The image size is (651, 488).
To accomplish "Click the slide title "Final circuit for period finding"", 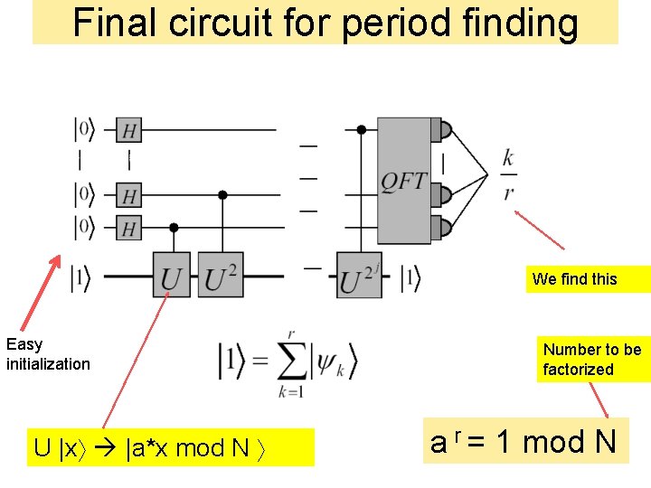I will pos(325,23).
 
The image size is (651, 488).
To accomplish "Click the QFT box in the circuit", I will pos(403,181).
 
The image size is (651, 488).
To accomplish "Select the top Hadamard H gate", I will pos(129,131).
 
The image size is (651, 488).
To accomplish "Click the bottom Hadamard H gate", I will pos(129,227).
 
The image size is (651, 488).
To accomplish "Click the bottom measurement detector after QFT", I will pos(443,226).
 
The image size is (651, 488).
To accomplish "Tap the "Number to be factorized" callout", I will pos(592,359).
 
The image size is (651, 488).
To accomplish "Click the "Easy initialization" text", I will pos(48,354).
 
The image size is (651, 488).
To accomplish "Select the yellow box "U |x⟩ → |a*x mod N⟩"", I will pos(170,447).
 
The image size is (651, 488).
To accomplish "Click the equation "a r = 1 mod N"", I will pos(524,443).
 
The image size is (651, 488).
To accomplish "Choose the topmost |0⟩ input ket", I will pos(84,130).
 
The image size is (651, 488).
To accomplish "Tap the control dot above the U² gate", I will pos(222,194).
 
